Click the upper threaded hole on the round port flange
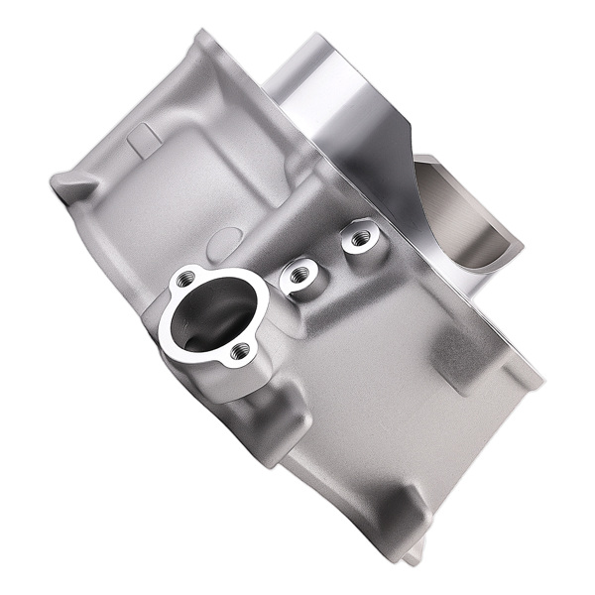pyautogui.click(x=184, y=281)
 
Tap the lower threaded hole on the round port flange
pyautogui.click(x=238, y=350)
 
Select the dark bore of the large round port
pyautogui.click(x=203, y=319)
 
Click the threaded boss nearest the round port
pyautogui.click(x=298, y=275)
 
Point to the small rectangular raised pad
pyautogui.click(x=143, y=138)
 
